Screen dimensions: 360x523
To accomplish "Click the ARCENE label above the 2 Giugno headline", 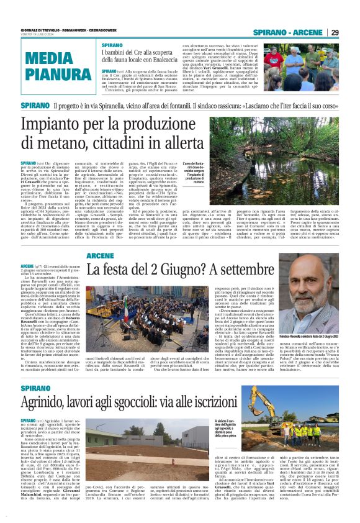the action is coord(100,256).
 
